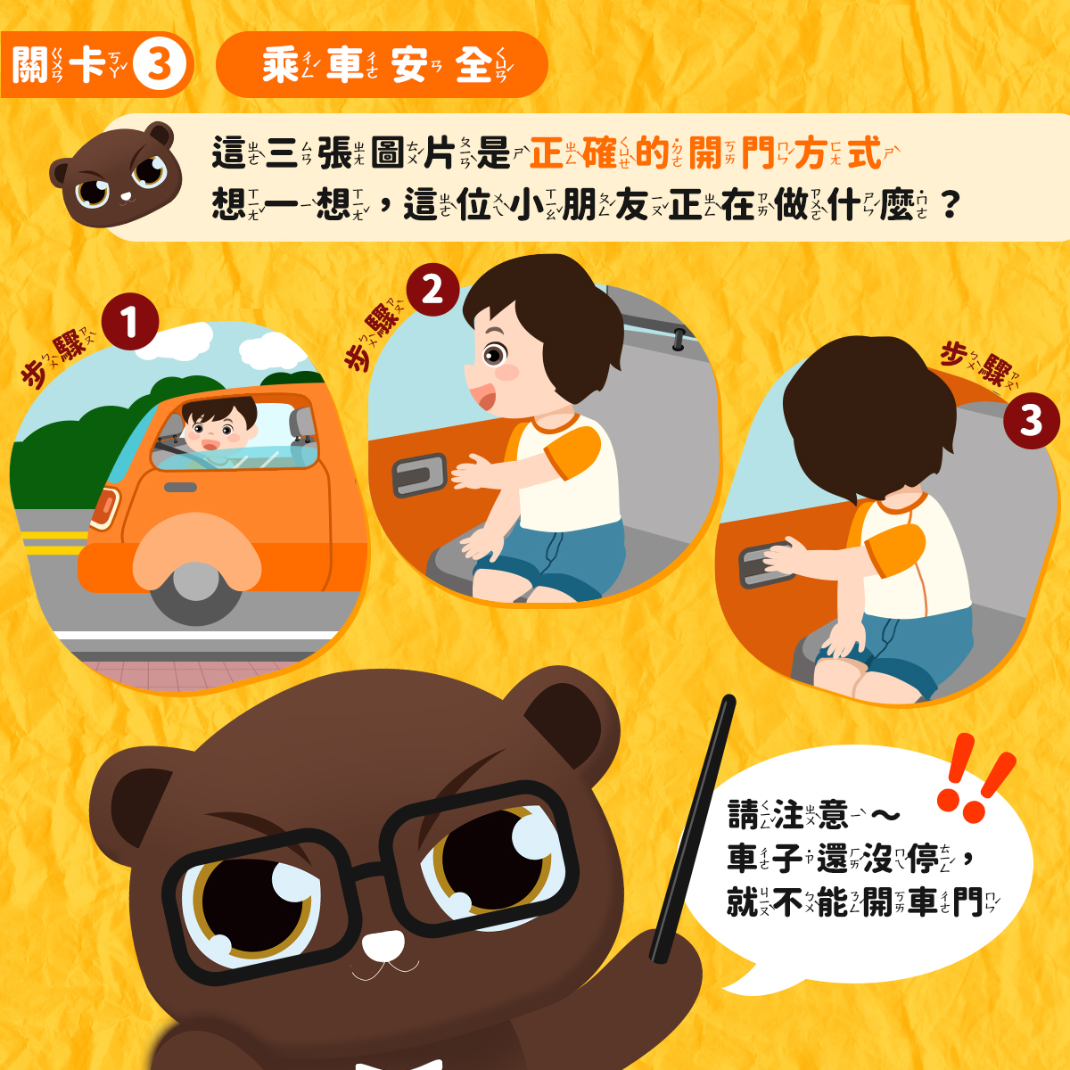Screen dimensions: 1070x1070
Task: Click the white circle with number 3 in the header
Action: point(160,64)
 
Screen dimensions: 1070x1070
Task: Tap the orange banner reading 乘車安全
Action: point(382,64)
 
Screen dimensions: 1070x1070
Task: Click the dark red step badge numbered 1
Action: point(130,322)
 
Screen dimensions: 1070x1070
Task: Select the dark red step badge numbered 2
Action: point(433,289)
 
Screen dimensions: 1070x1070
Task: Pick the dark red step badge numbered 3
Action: point(1031,420)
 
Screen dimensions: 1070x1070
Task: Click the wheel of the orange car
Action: point(195,593)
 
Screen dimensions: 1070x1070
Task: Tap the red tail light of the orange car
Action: point(105,507)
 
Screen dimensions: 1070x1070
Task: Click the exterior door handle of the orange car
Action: point(180,488)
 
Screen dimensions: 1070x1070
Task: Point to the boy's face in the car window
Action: point(218,432)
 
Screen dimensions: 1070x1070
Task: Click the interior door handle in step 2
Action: point(419,474)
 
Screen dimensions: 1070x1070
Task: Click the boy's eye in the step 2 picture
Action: point(494,354)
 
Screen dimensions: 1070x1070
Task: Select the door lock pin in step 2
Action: point(679,339)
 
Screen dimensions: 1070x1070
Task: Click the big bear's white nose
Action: point(384,945)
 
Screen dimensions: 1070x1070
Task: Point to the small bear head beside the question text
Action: point(116,175)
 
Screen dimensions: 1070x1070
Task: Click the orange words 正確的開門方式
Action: point(705,152)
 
